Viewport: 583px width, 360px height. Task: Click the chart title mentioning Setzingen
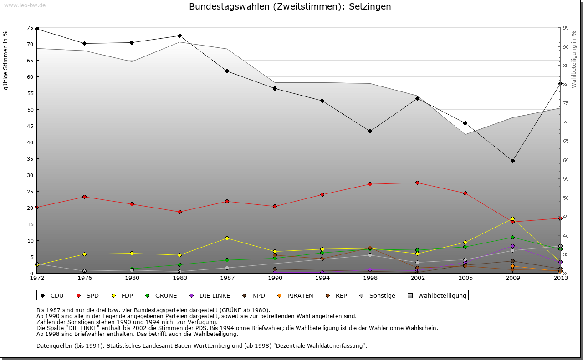290,7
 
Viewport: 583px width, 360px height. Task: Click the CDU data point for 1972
37,29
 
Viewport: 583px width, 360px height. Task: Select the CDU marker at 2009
512,161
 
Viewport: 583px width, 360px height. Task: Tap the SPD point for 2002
417,183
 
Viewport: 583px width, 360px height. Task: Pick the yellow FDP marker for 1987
227,238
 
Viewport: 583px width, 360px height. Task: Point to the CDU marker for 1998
370,131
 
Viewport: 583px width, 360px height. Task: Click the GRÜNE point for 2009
512,237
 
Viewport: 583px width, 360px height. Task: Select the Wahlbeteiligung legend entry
438,296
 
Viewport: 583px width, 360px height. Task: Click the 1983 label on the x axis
179,278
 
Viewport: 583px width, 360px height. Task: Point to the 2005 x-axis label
465,278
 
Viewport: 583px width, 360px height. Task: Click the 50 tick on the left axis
30,110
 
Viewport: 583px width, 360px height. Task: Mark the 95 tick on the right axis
566,28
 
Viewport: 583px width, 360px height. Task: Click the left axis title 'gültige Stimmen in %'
6,61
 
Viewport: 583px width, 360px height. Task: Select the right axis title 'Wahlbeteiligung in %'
573,60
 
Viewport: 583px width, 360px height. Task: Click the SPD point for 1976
84,197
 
